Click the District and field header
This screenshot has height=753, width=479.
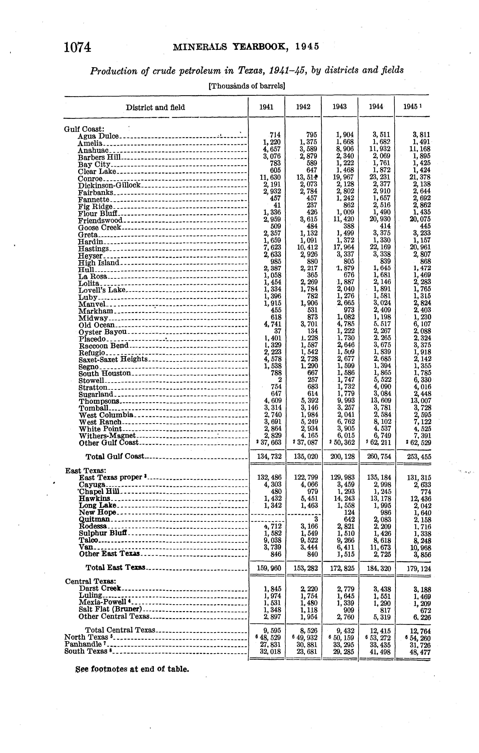(x=155, y=108)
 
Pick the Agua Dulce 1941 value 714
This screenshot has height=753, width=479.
(x=275, y=135)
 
